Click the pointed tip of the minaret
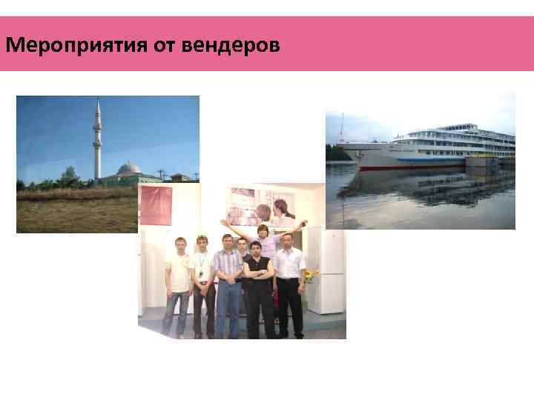click(97, 102)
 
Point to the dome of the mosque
click(129, 167)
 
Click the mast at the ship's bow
click(342, 130)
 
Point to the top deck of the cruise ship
click(452, 129)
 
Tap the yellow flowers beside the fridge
click(311, 274)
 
